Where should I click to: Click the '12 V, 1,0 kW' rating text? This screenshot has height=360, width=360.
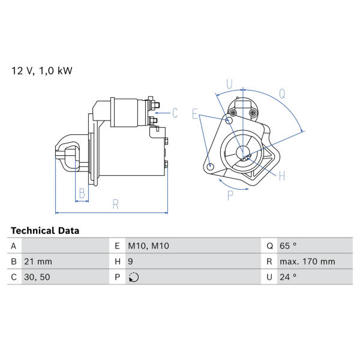[x=42, y=71]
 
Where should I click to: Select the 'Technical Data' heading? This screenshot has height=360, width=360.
[x=45, y=231]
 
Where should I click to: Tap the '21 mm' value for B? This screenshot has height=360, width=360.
[x=38, y=262]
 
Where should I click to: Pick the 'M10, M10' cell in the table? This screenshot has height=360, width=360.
[x=149, y=246]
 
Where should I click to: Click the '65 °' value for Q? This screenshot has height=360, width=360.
[x=288, y=246]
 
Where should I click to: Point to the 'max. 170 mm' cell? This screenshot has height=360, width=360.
[x=307, y=262]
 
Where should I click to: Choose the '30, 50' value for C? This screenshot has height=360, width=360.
[x=37, y=277]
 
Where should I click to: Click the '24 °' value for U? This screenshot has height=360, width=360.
[x=288, y=277]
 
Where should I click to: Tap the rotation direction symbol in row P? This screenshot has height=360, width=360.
[x=134, y=277]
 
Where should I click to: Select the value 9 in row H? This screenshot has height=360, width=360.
[x=130, y=262]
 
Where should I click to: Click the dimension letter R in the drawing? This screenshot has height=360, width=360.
[x=116, y=205]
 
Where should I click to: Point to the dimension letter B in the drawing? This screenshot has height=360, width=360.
[x=82, y=193]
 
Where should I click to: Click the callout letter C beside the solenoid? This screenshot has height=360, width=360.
[x=175, y=113]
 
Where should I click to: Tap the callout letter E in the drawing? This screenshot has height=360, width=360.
[x=195, y=114]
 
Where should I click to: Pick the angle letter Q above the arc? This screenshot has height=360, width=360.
[x=282, y=94]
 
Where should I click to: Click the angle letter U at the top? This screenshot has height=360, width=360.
[x=229, y=84]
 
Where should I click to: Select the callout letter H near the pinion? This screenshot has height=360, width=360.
[x=282, y=176]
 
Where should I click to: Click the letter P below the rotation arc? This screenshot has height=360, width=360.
[x=230, y=196]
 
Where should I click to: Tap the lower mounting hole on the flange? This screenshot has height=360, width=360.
[x=210, y=166]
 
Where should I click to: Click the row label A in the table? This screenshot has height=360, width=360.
[x=14, y=246]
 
